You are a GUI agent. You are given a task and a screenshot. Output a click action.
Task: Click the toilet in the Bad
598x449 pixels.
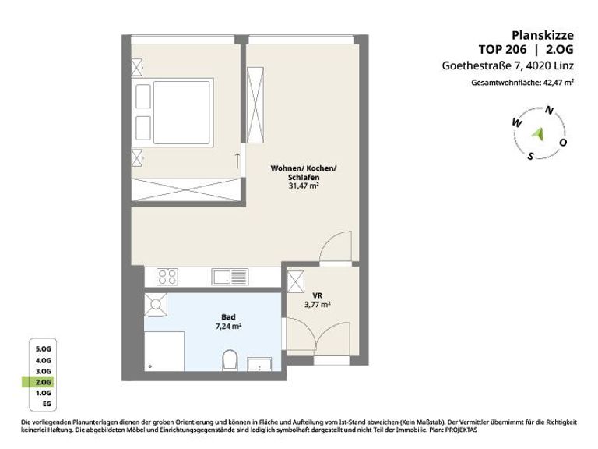230,360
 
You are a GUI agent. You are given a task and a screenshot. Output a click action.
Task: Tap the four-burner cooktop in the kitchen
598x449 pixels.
167,277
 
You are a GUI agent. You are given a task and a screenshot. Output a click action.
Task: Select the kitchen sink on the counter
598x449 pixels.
230,277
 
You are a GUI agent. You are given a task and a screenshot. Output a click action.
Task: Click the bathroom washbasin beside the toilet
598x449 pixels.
259,364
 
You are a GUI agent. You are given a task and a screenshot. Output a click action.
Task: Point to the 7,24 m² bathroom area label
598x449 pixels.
228,327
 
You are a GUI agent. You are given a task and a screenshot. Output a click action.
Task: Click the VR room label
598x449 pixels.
318,295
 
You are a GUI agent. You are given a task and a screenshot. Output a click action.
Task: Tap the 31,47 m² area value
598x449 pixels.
304,186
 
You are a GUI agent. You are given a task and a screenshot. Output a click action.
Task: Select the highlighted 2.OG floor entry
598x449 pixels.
43,382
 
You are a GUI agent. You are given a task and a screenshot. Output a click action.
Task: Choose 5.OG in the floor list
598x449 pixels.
43,349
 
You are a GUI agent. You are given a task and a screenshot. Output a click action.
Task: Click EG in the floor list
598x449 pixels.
47,404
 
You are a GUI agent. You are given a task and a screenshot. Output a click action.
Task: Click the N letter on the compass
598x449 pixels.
549,111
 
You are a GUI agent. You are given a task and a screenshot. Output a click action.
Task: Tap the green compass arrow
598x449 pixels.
538,134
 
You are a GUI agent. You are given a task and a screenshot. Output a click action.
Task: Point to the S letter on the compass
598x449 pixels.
530,156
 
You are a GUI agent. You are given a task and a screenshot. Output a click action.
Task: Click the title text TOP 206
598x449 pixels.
502,49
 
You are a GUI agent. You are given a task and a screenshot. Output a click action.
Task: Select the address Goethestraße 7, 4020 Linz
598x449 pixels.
508,65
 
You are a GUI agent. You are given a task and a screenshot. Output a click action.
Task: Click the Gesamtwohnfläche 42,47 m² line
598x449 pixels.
522,82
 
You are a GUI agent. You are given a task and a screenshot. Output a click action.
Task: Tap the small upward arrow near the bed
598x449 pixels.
237,161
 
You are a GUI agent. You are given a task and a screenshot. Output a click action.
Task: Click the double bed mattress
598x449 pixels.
181,112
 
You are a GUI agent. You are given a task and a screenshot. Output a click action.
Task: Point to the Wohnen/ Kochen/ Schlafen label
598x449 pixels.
304,172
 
